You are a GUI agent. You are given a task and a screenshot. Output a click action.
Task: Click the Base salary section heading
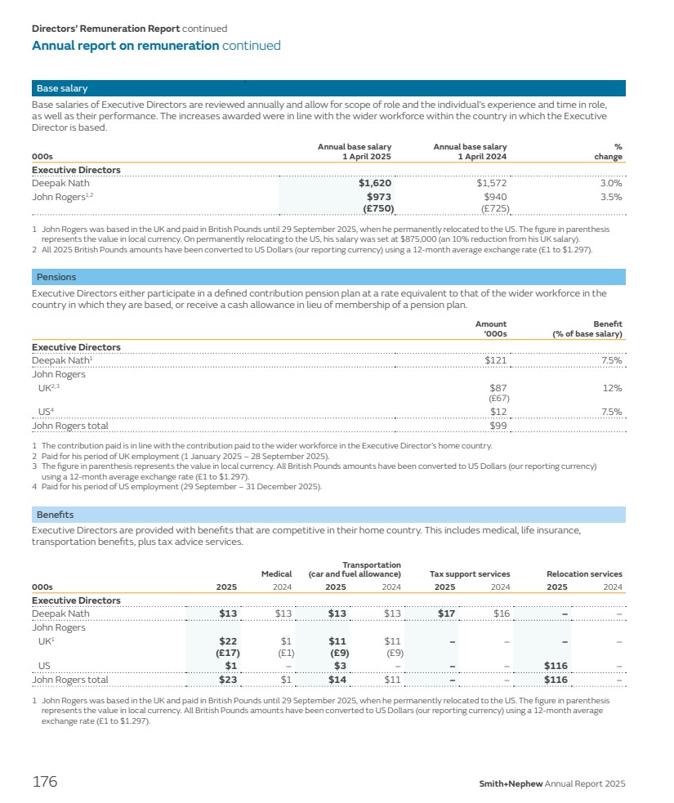[62, 88]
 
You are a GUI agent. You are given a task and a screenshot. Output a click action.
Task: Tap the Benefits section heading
[55, 515]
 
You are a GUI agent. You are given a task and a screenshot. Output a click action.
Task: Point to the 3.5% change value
[610, 197]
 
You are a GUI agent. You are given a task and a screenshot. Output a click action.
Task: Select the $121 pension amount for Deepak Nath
[496, 360]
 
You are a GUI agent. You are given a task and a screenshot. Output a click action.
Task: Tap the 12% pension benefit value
[613, 388]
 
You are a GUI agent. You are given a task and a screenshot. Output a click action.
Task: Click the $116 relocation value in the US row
[556, 666]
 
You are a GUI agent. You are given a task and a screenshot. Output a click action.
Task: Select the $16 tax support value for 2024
[501, 613]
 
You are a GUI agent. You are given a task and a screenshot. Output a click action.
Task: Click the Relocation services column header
[584, 573]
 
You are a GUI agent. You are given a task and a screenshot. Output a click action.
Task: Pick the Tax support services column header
[470, 573]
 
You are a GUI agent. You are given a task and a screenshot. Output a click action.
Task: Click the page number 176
[45, 782]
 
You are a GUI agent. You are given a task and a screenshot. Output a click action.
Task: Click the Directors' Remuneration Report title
[105, 29]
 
